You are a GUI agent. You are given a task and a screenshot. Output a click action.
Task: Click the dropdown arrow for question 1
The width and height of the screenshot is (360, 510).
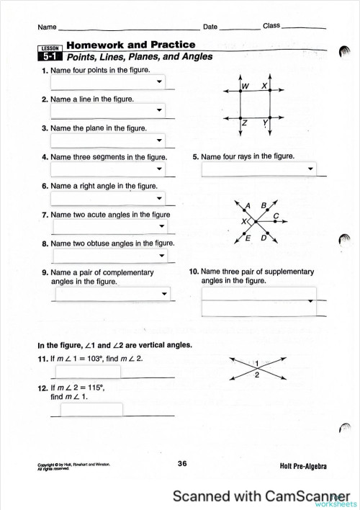coord(160,81)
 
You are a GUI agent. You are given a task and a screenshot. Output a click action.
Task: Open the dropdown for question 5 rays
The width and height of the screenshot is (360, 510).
coord(310,170)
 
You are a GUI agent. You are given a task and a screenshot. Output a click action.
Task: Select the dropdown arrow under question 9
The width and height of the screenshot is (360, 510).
coord(165,294)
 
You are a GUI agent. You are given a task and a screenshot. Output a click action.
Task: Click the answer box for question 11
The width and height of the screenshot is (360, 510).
coord(91,372)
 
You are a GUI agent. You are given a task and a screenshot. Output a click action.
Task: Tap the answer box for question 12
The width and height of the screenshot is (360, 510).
coord(91,409)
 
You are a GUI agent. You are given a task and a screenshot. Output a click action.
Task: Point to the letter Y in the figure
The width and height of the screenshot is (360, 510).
coord(265,123)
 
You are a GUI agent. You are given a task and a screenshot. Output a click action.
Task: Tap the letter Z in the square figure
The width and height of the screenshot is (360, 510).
coord(246,123)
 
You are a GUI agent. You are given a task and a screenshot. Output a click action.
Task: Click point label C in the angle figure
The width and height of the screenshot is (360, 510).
coord(276,215)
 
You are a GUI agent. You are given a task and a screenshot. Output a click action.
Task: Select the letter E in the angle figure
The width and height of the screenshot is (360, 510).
coord(248,238)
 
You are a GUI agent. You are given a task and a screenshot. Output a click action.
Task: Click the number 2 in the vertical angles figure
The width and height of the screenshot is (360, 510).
coord(257,375)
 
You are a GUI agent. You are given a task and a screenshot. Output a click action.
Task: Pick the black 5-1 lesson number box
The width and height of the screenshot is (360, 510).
coord(50,58)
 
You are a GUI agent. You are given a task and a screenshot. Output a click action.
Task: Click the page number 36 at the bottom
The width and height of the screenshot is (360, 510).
coord(182,465)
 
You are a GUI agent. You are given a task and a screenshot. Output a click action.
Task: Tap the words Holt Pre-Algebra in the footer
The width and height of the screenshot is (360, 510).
coord(305,467)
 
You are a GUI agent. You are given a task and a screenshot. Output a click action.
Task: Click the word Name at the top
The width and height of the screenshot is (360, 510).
coord(47,27)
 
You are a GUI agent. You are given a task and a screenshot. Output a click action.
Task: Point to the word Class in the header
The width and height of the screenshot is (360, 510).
coord(271,26)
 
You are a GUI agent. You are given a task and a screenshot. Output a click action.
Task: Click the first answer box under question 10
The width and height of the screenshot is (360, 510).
coord(259,292)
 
